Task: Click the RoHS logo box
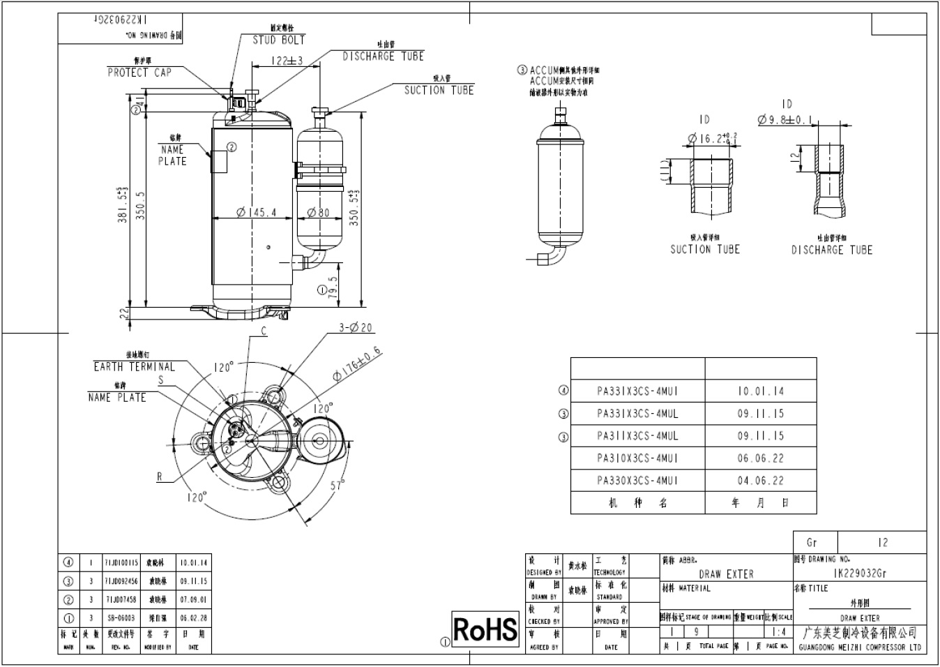tap(486, 629)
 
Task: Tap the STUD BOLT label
tap(278, 40)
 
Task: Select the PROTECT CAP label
tap(139, 72)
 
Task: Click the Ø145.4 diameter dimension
tap(256, 213)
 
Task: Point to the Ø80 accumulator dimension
tap(319, 213)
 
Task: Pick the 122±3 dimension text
tap(286, 61)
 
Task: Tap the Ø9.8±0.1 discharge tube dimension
tap(786, 119)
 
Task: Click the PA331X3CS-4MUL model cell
tap(637, 413)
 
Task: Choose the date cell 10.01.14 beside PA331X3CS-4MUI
tap(761, 391)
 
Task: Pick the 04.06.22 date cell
tap(761, 480)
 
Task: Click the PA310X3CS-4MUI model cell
tap(637, 458)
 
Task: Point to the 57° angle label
tap(338, 485)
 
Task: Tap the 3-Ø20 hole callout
tap(356, 327)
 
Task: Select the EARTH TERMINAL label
tap(135, 366)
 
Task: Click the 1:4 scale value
tap(780, 632)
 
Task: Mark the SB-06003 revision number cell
tap(121, 617)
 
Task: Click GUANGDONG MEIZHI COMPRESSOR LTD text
tap(860, 647)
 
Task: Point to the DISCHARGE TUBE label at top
tap(383, 56)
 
